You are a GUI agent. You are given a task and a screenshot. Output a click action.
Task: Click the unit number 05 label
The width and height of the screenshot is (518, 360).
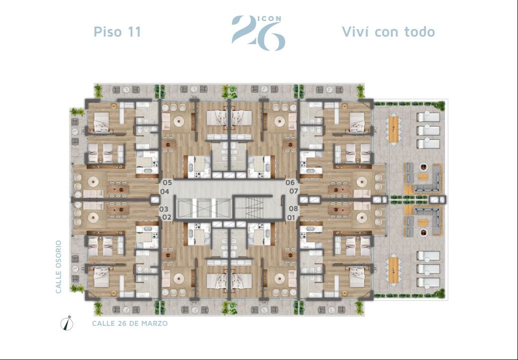point(167,183)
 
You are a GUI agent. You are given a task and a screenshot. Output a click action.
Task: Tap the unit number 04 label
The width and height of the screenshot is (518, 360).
point(164,192)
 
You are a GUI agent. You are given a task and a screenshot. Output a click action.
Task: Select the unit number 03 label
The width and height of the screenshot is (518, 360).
point(164,209)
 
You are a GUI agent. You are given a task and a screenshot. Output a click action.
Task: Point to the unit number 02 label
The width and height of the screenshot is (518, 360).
point(167,217)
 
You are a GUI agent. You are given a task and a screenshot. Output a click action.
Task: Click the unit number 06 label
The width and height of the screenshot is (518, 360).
point(290,183)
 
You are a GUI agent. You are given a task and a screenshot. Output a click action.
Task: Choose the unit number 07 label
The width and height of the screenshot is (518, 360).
point(294,191)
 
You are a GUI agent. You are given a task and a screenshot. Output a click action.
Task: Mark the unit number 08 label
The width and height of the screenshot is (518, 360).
point(293,209)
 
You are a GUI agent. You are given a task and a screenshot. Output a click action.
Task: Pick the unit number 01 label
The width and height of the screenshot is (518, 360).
point(291,218)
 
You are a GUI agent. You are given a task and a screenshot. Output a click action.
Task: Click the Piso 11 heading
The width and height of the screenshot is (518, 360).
point(118,32)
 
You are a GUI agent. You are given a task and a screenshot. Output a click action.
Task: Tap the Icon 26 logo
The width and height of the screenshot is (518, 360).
point(258,33)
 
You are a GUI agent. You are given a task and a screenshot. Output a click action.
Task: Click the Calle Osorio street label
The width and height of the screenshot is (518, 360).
point(59,267)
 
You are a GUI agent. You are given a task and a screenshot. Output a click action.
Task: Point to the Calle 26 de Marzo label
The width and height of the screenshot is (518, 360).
point(130,323)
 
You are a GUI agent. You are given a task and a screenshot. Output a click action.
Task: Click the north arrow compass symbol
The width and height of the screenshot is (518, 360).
point(67,323)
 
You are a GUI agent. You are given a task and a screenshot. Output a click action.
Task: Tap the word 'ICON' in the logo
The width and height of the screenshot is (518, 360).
point(269,19)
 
